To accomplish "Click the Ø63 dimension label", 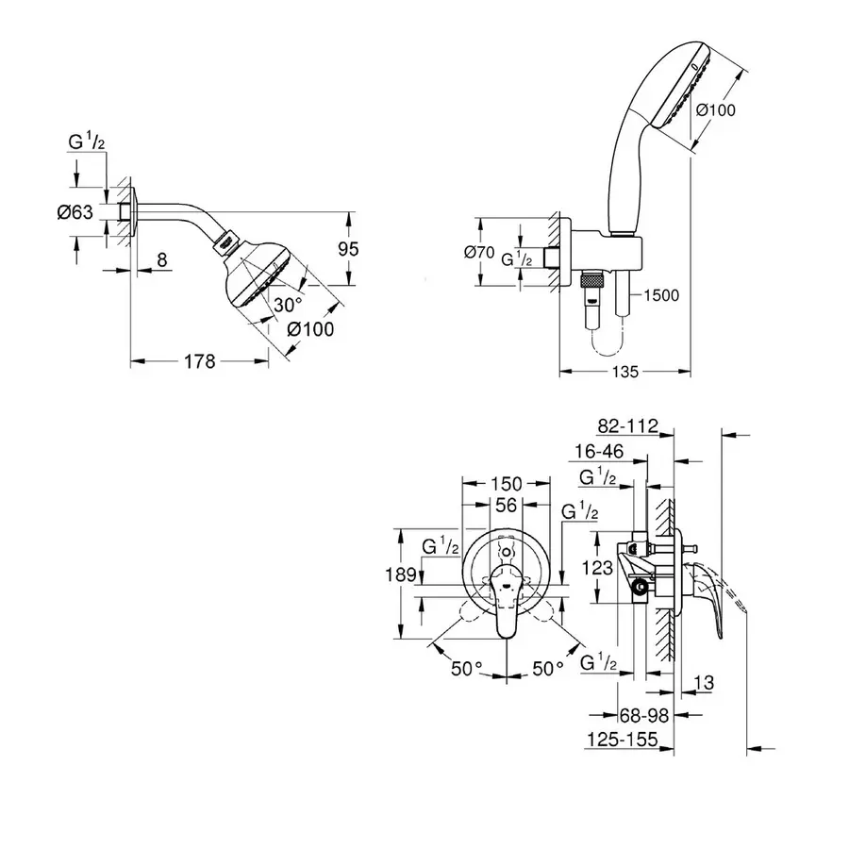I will pyautogui.click(x=75, y=213).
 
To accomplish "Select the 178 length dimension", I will pyautogui.click(x=200, y=360).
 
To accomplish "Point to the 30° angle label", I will pyautogui.click(x=287, y=306).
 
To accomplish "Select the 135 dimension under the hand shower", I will pyautogui.click(x=624, y=372).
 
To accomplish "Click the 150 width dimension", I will pyautogui.click(x=507, y=484).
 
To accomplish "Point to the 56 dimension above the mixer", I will pyautogui.click(x=507, y=506).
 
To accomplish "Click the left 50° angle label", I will pyautogui.click(x=466, y=669).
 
